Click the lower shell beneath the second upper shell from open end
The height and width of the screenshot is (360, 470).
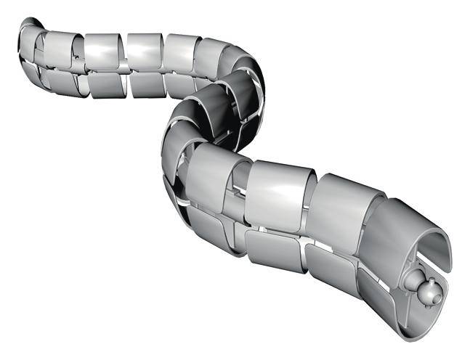coord(331,269)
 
